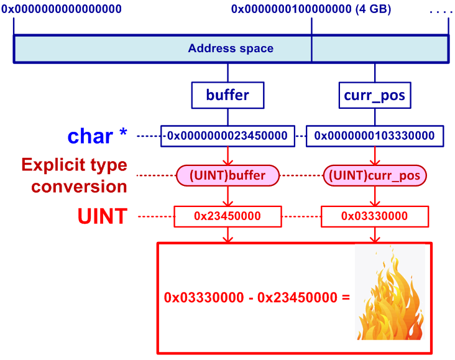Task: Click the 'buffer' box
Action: [x=227, y=95]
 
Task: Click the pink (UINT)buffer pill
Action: [x=228, y=176]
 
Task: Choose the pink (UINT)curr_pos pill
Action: [x=374, y=176]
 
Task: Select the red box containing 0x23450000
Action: [x=228, y=216]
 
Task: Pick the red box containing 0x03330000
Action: [x=374, y=216]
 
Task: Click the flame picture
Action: [x=390, y=292]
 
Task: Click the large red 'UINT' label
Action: [x=103, y=216]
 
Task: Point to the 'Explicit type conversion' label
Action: [x=74, y=175]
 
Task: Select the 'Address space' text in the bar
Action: [x=231, y=48]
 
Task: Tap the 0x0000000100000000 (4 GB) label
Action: [x=311, y=9]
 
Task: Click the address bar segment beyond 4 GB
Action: [x=379, y=48]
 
